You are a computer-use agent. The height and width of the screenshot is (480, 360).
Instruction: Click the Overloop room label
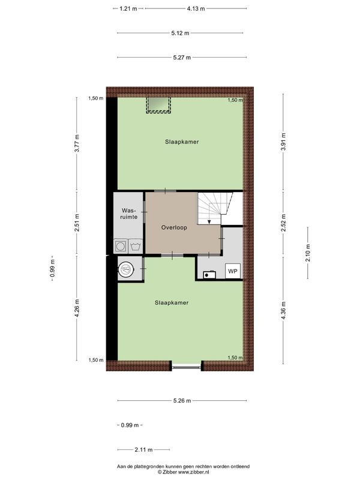point(174,228)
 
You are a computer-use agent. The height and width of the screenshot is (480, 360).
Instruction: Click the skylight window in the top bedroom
point(159,105)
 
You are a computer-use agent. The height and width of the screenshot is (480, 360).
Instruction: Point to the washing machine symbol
point(121,246)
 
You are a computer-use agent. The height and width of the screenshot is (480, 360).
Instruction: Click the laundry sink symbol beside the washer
point(136,246)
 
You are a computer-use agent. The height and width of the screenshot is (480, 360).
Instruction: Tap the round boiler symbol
point(126,269)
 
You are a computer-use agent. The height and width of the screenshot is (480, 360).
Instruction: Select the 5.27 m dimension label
point(181,58)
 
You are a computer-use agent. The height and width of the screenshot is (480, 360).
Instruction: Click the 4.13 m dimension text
point(196,8)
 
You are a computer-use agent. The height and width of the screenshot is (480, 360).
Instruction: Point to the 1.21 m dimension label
point(128,8)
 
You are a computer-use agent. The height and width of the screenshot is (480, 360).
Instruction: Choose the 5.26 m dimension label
point(181,401)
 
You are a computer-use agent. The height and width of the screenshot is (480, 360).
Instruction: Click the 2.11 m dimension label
point(143,449)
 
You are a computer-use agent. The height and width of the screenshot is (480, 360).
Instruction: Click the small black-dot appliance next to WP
point(209,275)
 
